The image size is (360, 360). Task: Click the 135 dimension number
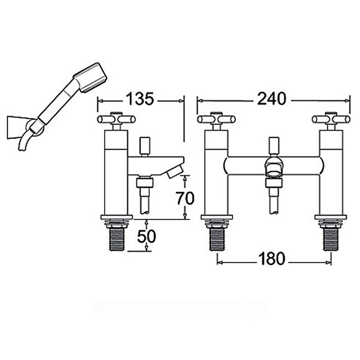[x=140, y=99]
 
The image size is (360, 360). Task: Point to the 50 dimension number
[x=147, y=236]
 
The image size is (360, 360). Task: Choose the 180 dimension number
[x=271, y=258]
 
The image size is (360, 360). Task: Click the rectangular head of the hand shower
[x=90, y=77]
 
